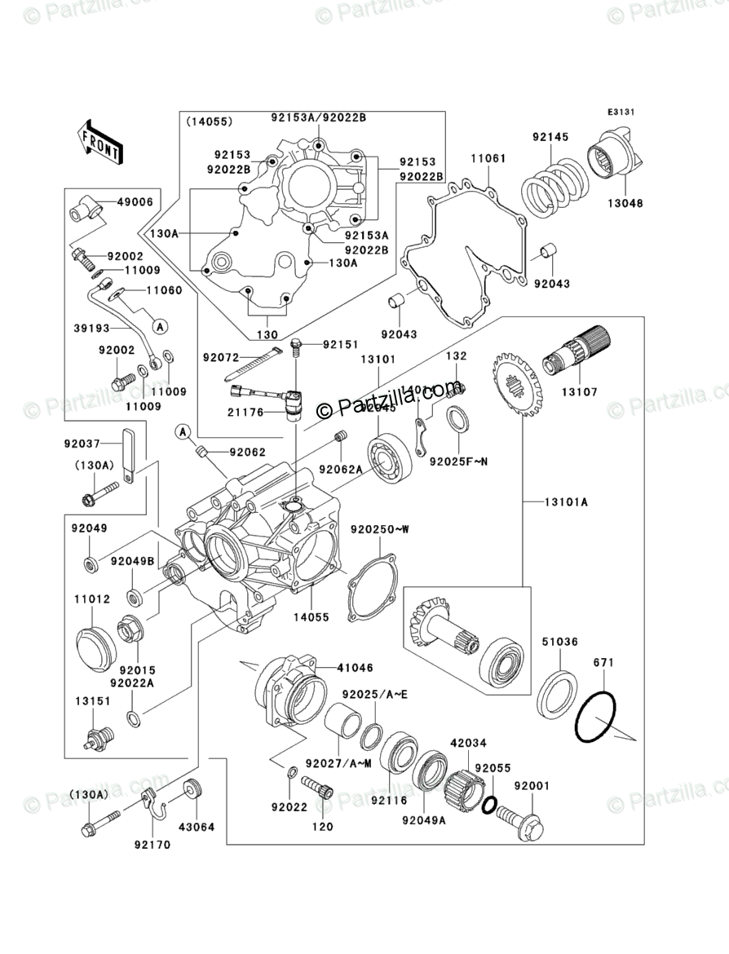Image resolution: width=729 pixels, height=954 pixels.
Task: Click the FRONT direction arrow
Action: [100, 140]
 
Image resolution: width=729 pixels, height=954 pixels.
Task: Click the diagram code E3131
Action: [620, 113]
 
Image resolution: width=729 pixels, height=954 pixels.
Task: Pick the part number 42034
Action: [468, 743]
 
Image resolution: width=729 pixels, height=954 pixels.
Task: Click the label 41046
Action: [356, 667]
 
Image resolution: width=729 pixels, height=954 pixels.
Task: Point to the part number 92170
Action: [152, 845]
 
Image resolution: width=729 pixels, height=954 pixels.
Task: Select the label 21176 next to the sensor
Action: [245, 413]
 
